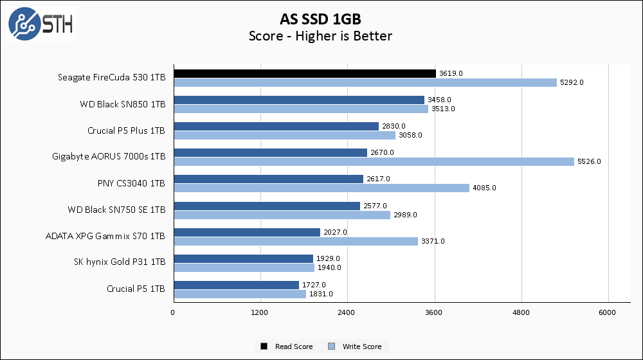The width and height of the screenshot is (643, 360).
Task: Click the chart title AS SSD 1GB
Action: coord(320,17)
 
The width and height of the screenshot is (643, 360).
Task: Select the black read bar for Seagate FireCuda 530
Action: coord(304,74)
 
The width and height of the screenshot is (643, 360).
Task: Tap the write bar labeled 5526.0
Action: coord(374,161)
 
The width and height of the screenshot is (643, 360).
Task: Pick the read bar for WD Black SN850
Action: coord(299,100)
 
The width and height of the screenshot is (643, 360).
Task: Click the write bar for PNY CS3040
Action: coord(321,188)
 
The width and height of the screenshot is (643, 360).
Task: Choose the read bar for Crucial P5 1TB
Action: coord(236,285)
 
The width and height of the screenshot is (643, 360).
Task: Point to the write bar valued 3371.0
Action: coord(295,241)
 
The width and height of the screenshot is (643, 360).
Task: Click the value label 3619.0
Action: coord(451,74)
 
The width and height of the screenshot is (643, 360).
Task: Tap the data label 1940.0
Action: coord(329,267)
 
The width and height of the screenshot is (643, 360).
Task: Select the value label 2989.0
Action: coord(405,215)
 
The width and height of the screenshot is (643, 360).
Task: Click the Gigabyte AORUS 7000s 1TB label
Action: coord(109,156)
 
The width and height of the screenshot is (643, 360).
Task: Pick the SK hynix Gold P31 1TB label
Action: coord(120,262)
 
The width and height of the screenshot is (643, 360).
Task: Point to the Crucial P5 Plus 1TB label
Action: coord(126,130)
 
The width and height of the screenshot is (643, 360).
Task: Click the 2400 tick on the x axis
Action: coord(347,312)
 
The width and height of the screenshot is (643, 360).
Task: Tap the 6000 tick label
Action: coord(608,312)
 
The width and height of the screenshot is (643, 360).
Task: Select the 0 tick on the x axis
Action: coord(173,312)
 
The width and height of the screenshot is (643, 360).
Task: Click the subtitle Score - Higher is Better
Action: coord(320,36)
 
